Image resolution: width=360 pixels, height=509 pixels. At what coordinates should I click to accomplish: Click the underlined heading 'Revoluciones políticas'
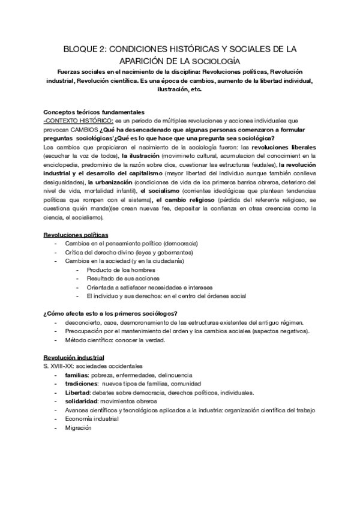[x=76, y=234]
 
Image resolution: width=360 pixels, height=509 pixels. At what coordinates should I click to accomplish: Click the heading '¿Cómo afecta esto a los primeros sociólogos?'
[x=110, y=313]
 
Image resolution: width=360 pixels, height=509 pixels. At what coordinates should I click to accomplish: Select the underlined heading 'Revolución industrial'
[x=74, y=357]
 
